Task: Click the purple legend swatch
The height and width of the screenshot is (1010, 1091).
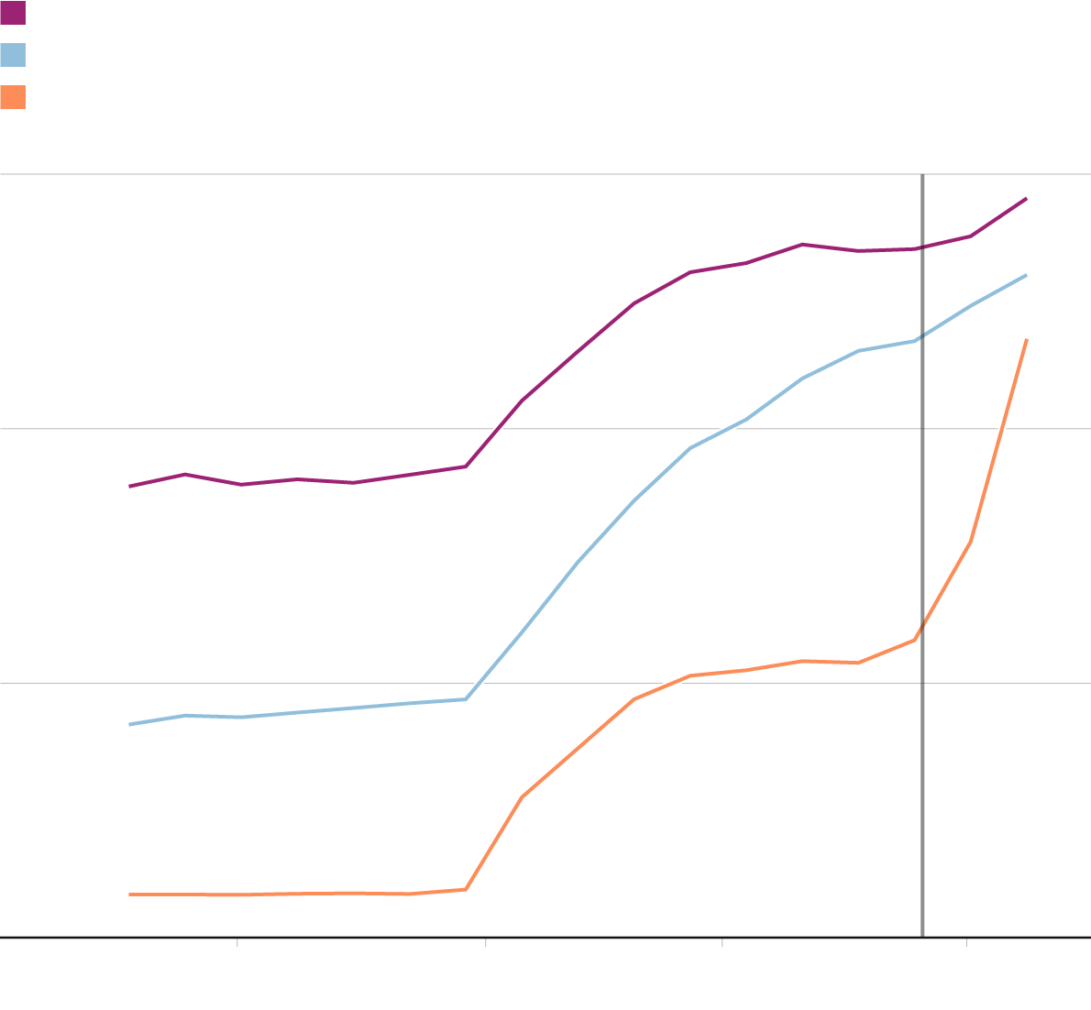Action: pyautogui.click(x=13, y=13)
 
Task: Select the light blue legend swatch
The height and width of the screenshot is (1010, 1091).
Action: pyautogui.click(x=13, y=55)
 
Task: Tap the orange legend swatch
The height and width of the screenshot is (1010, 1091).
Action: pyautogui.click(x=13, y=97)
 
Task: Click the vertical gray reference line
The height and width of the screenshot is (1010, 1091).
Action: pyautogui.click(x=922, y=550)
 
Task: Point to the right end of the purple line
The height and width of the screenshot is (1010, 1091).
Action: pyautogui.click(x=1026, y=198)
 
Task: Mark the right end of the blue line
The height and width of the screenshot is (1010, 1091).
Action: pyautogui.click(x=1026, y=275)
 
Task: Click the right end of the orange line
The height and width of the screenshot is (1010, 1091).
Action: pyautogui.click(x=1027, y=340)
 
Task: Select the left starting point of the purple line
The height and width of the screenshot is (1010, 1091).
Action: pyautogui.click(x=130, y=486)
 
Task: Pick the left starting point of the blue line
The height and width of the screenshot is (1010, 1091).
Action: pyautogui.click(x=130, y=724)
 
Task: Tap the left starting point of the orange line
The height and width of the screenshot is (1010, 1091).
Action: pyautogui.click(x=130, y=894)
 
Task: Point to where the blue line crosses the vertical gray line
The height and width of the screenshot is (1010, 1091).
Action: pyautogui.click(x=922, y=336)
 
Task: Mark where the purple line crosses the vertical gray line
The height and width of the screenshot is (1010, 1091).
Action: pyautogui.click(x=922, y=247)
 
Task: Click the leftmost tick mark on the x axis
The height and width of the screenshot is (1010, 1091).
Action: pyautogui.click(x=237, y=941)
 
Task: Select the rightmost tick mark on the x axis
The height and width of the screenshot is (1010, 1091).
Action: pyautogui.click(x=966, y=941)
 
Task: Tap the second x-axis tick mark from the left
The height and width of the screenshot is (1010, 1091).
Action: pyautogui.click(x=485, y=941)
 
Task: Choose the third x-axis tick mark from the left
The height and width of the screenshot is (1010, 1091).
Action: pyautogui.click(x=722, y=941)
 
